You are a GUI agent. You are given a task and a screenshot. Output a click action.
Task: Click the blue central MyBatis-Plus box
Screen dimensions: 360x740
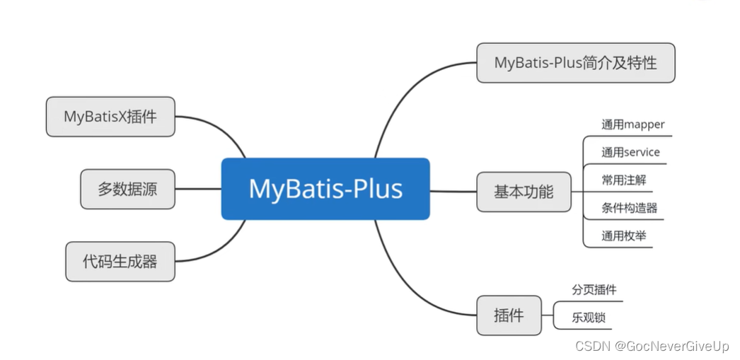pos(325,189)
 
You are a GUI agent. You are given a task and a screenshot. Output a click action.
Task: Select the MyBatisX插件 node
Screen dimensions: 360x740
pos(110,117)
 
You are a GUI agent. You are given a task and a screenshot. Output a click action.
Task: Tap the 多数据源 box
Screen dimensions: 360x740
pos(127,189)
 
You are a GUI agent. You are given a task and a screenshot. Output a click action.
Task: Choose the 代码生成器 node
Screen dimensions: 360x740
pos(120,262)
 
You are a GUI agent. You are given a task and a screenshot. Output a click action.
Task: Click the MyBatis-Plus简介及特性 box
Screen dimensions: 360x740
pos(575,62)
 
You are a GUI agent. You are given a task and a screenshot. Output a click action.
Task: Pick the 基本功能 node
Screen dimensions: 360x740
pos(524,192)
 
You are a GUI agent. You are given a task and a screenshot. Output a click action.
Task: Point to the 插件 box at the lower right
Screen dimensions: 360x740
pos(509,315)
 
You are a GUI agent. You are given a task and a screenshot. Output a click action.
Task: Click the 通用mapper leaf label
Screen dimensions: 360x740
pos(632,124)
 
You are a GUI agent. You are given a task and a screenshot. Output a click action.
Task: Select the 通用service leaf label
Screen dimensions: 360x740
pos(630,152)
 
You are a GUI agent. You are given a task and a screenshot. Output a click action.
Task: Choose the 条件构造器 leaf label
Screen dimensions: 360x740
pos(629,208)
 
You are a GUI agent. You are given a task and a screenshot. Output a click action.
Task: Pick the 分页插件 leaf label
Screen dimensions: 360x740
pos(594,290)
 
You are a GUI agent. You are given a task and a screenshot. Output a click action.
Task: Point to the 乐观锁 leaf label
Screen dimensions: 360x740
pos(589,318)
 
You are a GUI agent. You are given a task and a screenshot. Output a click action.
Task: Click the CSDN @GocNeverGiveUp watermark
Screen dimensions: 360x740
pos(652,346)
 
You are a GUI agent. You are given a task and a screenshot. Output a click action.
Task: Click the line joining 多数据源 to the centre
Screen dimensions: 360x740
pos(198,189)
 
